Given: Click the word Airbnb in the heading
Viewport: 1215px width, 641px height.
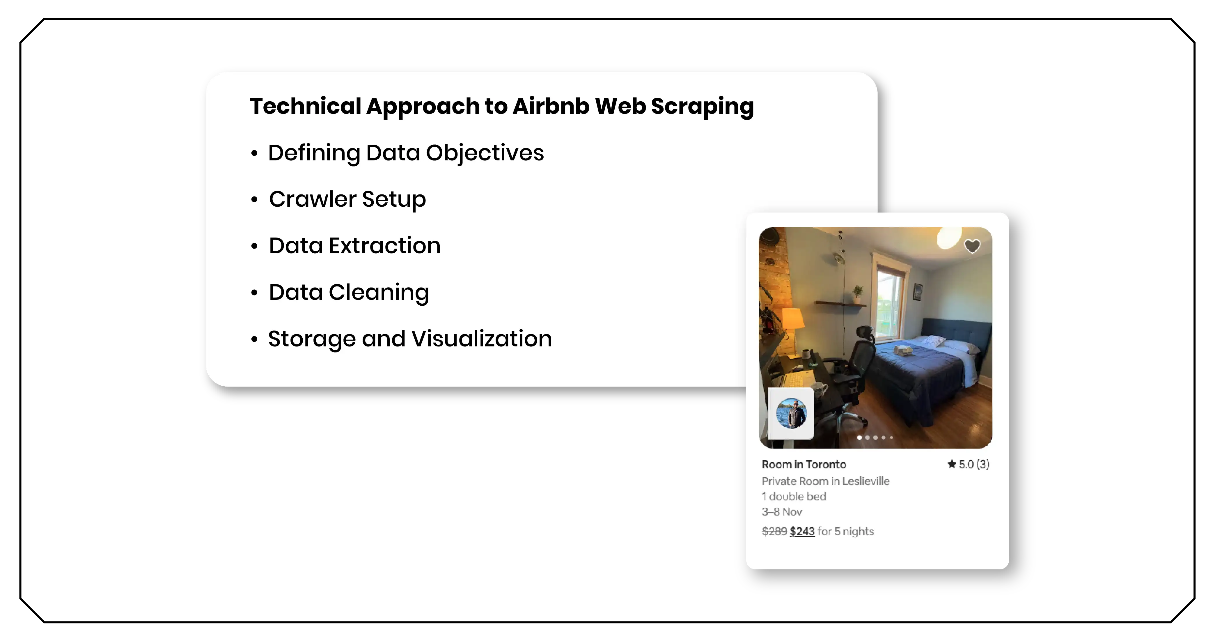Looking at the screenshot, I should (x=550, y=106).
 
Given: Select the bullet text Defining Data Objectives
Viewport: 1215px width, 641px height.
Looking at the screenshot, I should (x=406, y=153).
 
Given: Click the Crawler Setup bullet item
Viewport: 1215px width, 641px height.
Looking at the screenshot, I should (x=347, y=199).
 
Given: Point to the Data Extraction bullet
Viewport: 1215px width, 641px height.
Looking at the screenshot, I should (x=354, y=246).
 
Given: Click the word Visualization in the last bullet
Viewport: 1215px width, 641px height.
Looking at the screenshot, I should (x=481, y=339).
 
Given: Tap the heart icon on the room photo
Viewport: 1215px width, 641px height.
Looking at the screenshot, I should (x=972, y=246).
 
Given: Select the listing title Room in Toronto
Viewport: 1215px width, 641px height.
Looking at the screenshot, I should (x=804, y=465).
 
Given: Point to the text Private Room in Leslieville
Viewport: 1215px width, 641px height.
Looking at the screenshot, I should (x=825, y=481).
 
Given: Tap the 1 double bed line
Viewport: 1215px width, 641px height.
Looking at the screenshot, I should (x=794, y=497).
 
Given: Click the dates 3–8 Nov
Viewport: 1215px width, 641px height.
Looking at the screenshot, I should (x=782, y=512).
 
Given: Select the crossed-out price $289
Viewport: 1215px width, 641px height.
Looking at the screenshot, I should (x=774, y=532).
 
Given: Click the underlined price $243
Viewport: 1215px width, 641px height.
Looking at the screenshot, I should (x=802, y=532).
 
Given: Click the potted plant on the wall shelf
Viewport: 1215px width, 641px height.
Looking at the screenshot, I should (x=857, y=293).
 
